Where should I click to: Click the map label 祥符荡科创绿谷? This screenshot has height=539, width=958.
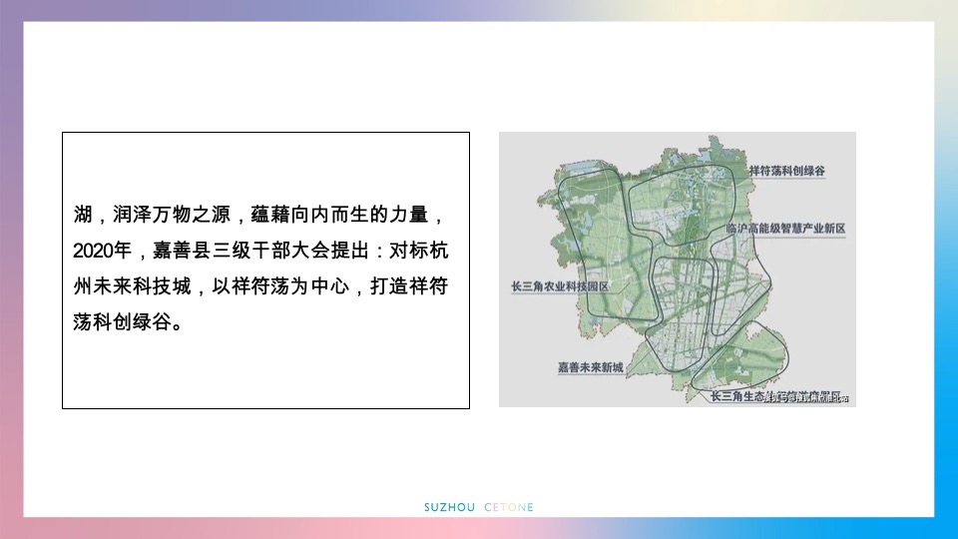(x=786, y=171)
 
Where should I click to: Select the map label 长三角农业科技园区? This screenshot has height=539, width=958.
(x=559, y=285)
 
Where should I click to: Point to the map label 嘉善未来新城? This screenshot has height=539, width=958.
(x=590, y=367)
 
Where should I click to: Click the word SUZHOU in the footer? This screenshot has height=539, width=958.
(x=450, y=507)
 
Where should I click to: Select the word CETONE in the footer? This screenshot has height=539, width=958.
(x=509, y=507)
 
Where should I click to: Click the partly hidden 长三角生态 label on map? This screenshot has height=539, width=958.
(x=736, y=396)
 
